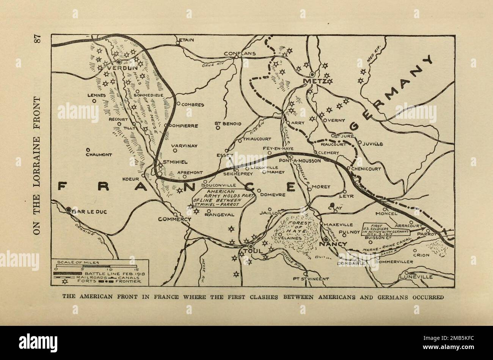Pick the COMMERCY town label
coord(175,219)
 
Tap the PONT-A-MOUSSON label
coord(300,160)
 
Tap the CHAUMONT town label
coord(98,155)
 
